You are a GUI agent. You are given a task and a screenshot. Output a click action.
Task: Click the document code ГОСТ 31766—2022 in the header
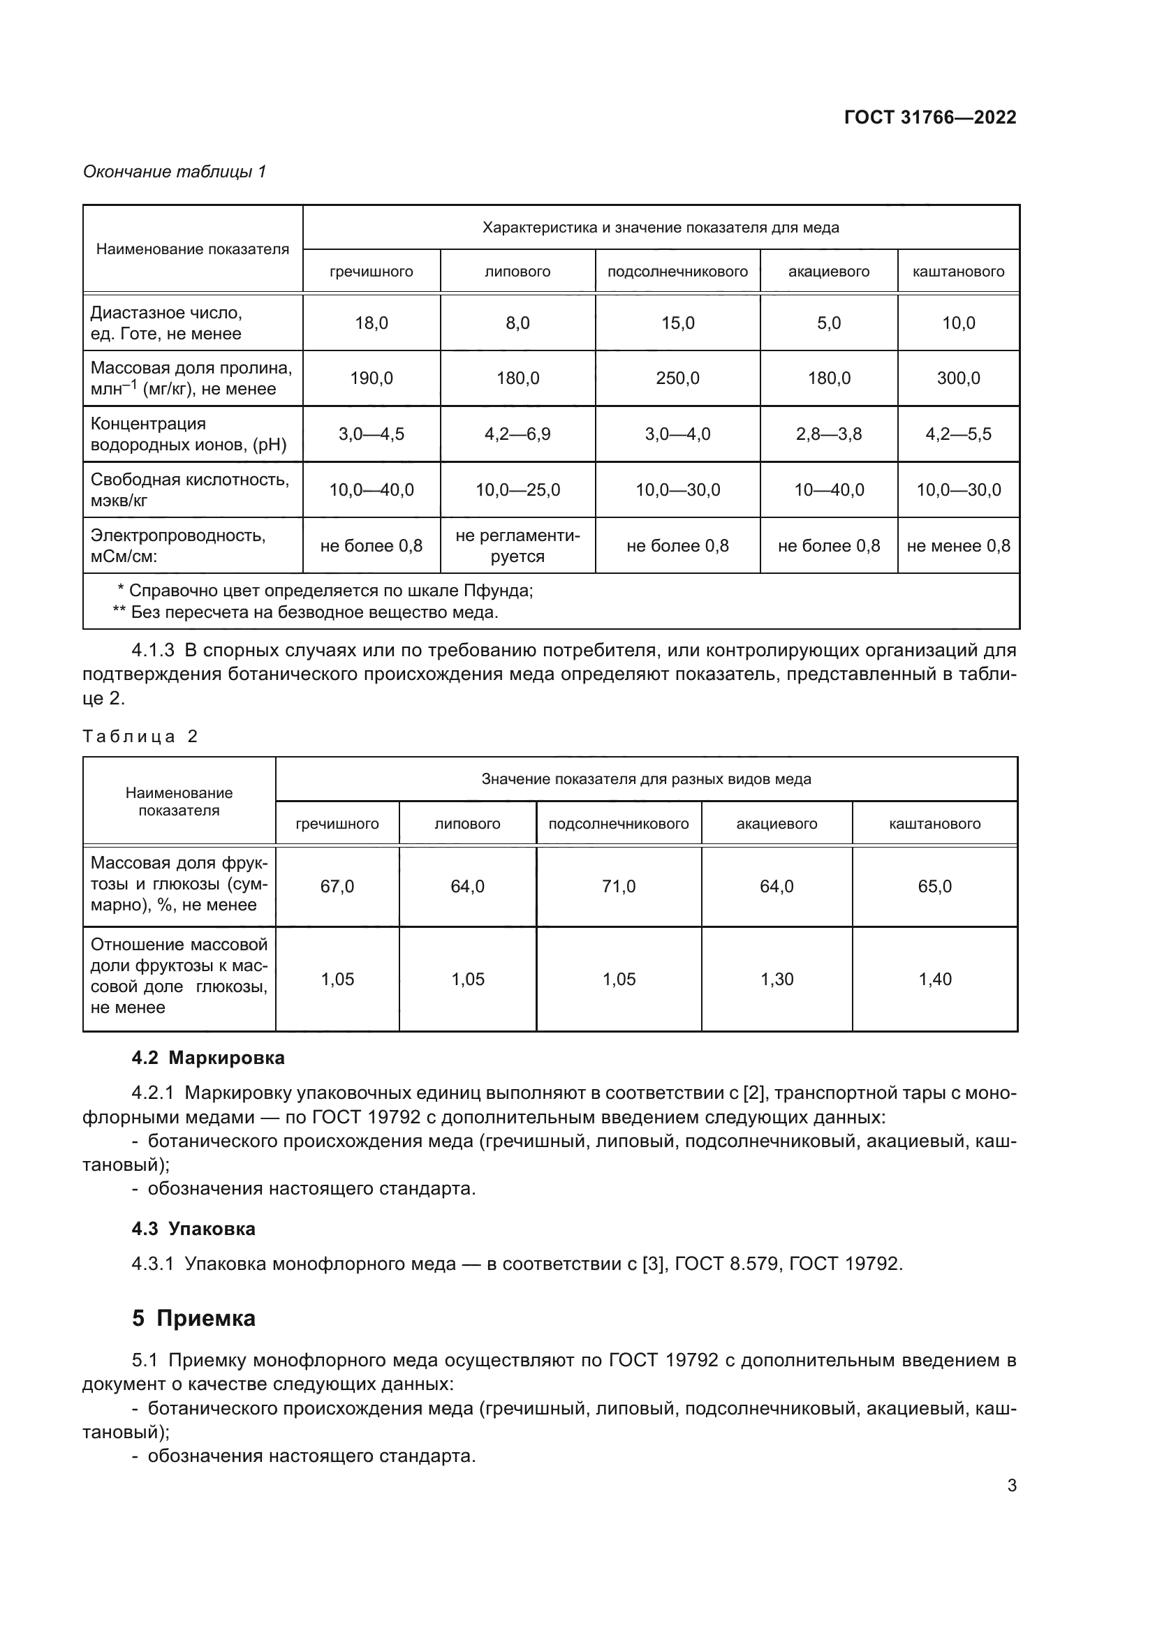pos(929,117)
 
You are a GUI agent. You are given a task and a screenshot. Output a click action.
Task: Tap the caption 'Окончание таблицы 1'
pos(175,172)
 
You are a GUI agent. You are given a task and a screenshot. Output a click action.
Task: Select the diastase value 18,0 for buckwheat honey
pos(371,323)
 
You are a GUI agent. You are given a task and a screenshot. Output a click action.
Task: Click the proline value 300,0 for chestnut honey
pos(958,378)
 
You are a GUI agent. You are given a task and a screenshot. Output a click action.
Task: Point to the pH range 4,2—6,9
pos(517,434)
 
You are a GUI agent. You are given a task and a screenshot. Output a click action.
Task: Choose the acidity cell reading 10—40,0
pos(829,490)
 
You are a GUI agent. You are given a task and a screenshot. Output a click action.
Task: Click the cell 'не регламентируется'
pos(517,545)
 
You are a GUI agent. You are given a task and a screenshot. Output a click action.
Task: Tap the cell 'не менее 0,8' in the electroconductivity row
pos(958,545)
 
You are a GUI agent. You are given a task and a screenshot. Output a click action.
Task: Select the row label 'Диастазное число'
pos(166,313)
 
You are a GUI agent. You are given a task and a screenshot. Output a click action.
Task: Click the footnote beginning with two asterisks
pos(306,612)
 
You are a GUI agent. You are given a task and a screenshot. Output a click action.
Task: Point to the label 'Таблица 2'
pos(140,736)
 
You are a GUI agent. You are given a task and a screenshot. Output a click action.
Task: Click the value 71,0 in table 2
pos(618,886)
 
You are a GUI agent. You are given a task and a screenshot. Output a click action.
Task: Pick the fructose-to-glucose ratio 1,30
pos(777,980)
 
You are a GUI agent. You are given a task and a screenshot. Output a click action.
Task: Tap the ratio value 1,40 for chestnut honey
pos(934,980)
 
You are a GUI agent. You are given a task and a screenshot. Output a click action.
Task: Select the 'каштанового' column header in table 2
pos(934,824)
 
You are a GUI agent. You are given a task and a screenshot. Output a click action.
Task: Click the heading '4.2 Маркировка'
pos(207,1058)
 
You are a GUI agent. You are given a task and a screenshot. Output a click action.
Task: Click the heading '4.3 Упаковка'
pos(193,1229)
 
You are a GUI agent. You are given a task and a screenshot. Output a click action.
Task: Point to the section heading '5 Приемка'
pos(193,1319)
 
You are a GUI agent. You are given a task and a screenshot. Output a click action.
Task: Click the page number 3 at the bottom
pos(1011,1485)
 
